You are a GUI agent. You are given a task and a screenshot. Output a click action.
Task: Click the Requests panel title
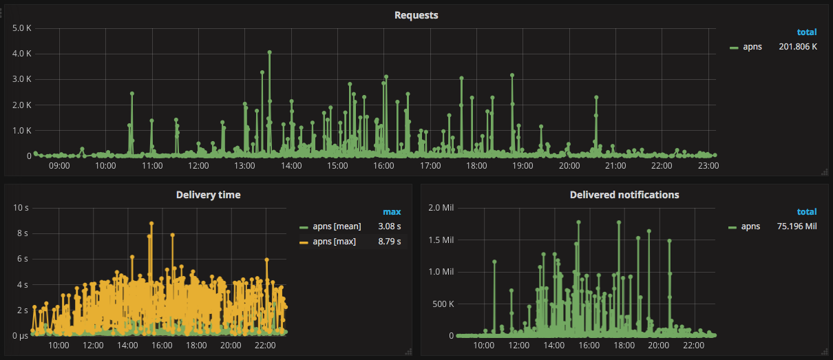[416, 15]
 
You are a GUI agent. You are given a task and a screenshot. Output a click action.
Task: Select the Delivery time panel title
[208, 195]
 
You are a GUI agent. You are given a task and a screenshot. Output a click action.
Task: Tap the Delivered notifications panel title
[624, 195]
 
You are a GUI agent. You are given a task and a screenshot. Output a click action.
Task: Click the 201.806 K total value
[798, 47]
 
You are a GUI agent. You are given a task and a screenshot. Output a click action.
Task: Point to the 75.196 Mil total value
[797, 226]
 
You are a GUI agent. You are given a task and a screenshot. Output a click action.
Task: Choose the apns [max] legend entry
[334, 241]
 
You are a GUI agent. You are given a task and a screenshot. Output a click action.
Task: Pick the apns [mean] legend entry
[337, 226]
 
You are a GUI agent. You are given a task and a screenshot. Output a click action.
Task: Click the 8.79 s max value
[390, 241]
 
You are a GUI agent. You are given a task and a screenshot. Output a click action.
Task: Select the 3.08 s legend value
[390, 226]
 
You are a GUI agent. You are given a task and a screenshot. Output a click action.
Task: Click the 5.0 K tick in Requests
[23, 28]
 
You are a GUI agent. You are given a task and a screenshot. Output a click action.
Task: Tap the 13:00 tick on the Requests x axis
[244, 166]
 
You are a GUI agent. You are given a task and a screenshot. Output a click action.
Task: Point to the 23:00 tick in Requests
[708, 166]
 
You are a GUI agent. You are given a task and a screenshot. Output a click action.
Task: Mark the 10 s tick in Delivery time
[21, 207]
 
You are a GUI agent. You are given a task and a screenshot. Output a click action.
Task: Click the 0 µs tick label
[19, 335]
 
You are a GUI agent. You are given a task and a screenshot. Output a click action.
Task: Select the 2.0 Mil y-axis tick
[441, 207]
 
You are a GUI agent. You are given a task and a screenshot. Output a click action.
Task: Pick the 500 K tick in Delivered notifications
[443, 304]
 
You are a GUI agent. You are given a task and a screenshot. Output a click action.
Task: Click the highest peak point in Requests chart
[270, 52]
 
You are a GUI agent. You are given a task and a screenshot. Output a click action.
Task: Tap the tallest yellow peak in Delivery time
[151, 224]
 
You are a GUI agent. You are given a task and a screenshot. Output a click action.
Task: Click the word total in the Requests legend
[807, 32]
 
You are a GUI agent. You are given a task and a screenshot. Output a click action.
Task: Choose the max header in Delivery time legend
[392, 211]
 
